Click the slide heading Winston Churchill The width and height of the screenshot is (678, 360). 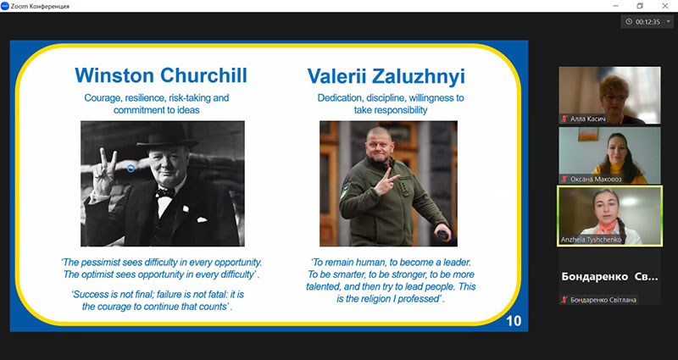tap(161, 75)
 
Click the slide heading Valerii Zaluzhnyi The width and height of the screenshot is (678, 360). tap(386, 76)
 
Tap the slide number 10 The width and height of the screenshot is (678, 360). tap(514, 321)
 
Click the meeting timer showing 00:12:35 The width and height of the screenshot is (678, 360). tap(647, 22)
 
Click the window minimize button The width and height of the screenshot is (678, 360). tap(615, 6)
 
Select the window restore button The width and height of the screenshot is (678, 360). tap(640, 6)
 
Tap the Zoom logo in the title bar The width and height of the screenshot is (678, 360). tap(5, 6)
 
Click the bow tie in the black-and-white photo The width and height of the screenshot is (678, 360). tap(165, 192)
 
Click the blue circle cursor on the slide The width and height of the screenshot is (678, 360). tap(131, 168)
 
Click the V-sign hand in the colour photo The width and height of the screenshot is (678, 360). tap(386, 183)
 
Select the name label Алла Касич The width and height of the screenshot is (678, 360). tap(587, 119)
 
